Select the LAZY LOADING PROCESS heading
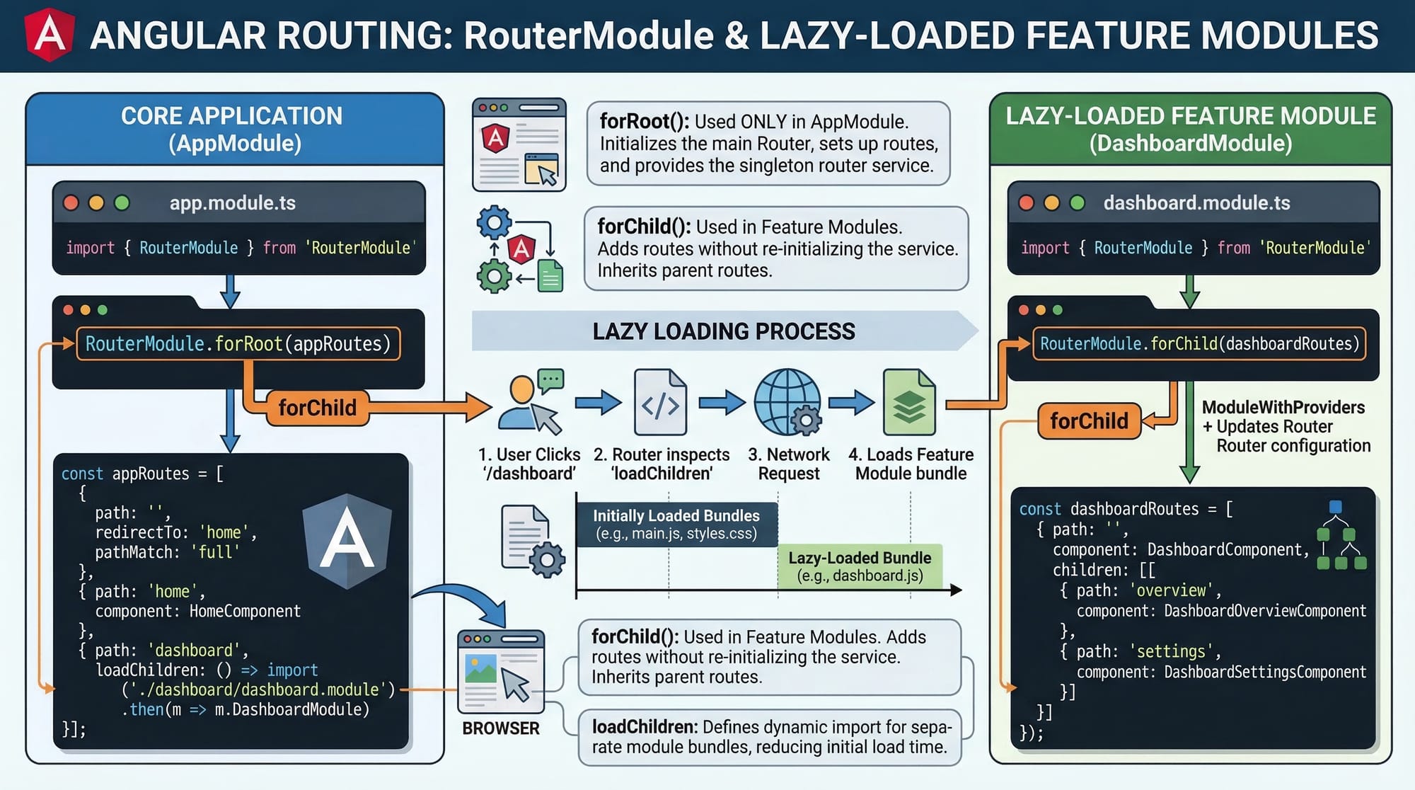pyautogui.click(x=723, y=331)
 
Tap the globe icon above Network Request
pyautogui.click(x=787, y=402)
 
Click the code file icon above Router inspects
pyautogui.click(x=660, y=402)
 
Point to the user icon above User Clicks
pyautogui.click(x=530, y=402)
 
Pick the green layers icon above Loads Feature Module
pyautogui.click(x=909, y=402)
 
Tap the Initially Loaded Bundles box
pyautogui.click(x=676, y=525)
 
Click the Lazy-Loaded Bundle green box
pyautogui.click(x=860, y=566)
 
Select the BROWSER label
pyautogui.click(x=501, y=728)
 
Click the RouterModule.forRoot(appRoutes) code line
pyautogui.click(x=238, y=344)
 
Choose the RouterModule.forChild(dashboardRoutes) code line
pyautogui.click(x=1199, y=344)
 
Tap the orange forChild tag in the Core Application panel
pyautogui.click(x=318, y=408)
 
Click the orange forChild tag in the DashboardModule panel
pyautogui.click(x=1089, y=421)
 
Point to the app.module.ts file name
pyautogui.click(x=232, y=203)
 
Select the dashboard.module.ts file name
pyautogui.click(x=1196, y=203)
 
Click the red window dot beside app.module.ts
pyautogui.click(x=71, y=203)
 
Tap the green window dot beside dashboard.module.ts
pyautogui.click(x=1078, y=203)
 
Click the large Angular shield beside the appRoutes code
pyautogui.click(x=347, y=542)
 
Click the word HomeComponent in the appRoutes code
pyautogui.click(x=245, y=611)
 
